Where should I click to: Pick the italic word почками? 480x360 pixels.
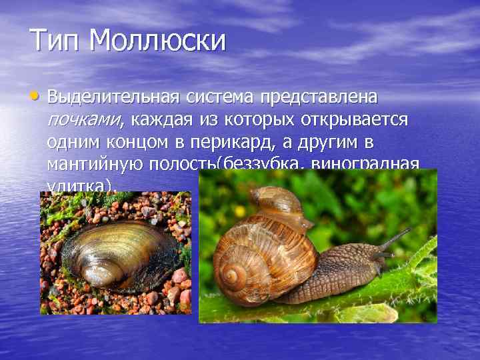tap(85, 120)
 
